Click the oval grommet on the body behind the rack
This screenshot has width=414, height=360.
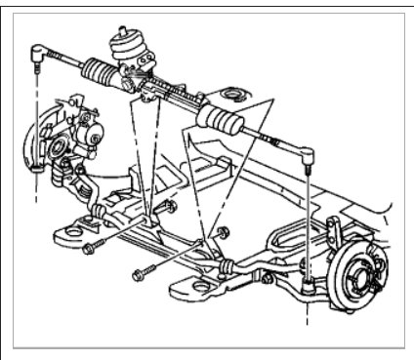tap(231, 94)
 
